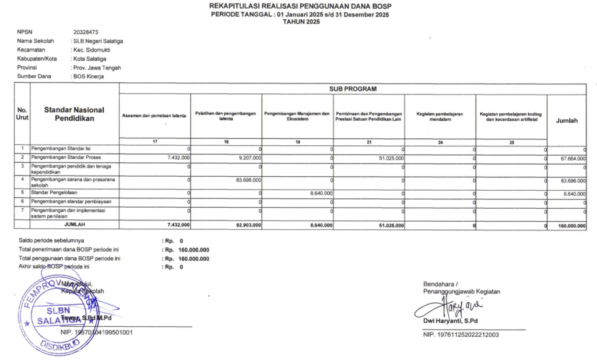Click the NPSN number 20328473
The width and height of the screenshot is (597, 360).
click(x=85, y=33)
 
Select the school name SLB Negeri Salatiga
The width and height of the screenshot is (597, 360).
click(x=97, y=41)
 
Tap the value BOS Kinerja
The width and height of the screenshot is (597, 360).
click(x=88, y=76)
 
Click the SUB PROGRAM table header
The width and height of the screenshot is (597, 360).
click(x=353, y=89)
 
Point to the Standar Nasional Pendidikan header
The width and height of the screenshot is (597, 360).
click(x=74, y=114)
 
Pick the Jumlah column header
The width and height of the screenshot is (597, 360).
click(x=567, y=121)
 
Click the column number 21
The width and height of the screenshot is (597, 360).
click(x=368, y=142)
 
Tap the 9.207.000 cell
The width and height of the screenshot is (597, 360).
click(x=248, y=158)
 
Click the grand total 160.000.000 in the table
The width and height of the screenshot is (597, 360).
click(x=571, y=225)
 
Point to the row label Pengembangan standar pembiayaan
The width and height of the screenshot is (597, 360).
click(x=71, y=201)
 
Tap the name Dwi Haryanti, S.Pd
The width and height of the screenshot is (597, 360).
click(x=451, y=321)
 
